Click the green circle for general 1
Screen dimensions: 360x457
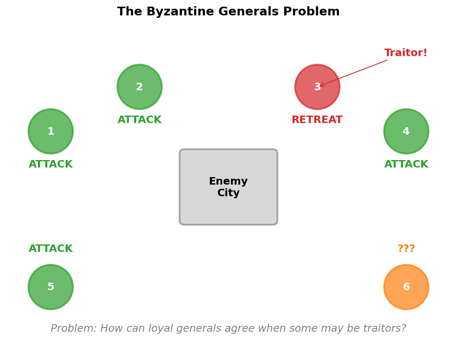tap(51, 131)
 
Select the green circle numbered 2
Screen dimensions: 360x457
tap(140, 87)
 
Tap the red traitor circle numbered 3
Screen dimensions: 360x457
tap(317, 87)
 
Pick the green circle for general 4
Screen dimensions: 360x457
tap(406, 131)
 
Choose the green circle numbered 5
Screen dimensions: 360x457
tap(51, 287)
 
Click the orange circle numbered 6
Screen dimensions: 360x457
tap(406, 287)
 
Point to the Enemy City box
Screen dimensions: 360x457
tap(228, 187)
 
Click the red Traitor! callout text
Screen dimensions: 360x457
tap(405, 53)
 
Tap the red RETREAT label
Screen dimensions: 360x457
tap(317, 120)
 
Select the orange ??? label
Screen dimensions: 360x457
tap(406, 249)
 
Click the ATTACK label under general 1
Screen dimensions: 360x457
tap(51, 165)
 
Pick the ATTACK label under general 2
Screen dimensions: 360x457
tap(140, 120)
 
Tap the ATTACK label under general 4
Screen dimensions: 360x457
tap(406, 165)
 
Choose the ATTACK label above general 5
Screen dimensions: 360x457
tap(51, 249)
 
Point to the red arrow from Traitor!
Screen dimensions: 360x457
tap(353, 73)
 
